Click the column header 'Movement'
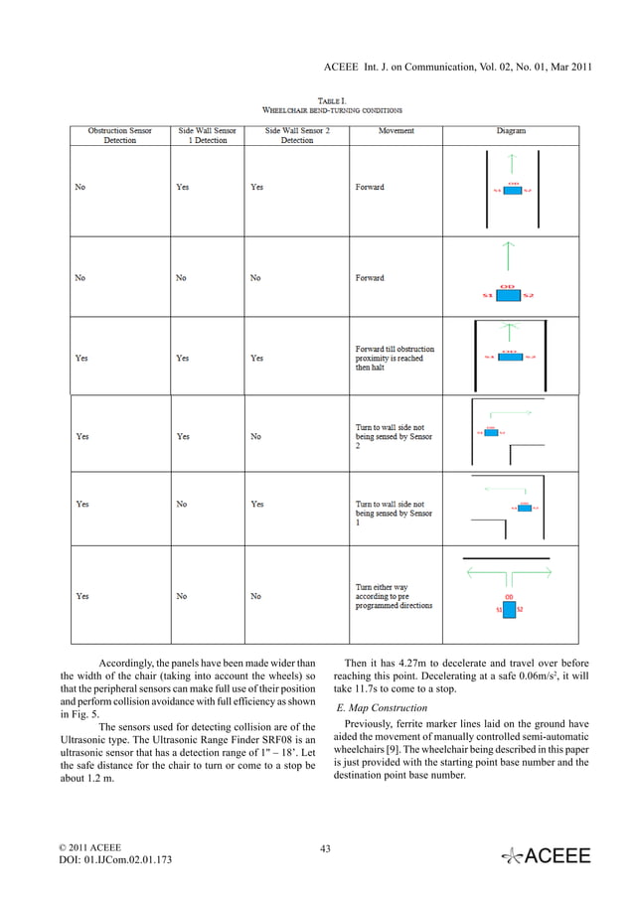(x=396, y=131)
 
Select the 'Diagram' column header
(x=511, y=131)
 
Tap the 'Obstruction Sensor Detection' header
(x=119, y=136)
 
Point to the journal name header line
(x=458, y=66)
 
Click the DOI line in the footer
(x=115, y=859)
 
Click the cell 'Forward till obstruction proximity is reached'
(x=396, y=359)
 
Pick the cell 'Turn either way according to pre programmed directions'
(x=396, y=596)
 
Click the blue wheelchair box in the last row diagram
(x=510, y=610)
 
